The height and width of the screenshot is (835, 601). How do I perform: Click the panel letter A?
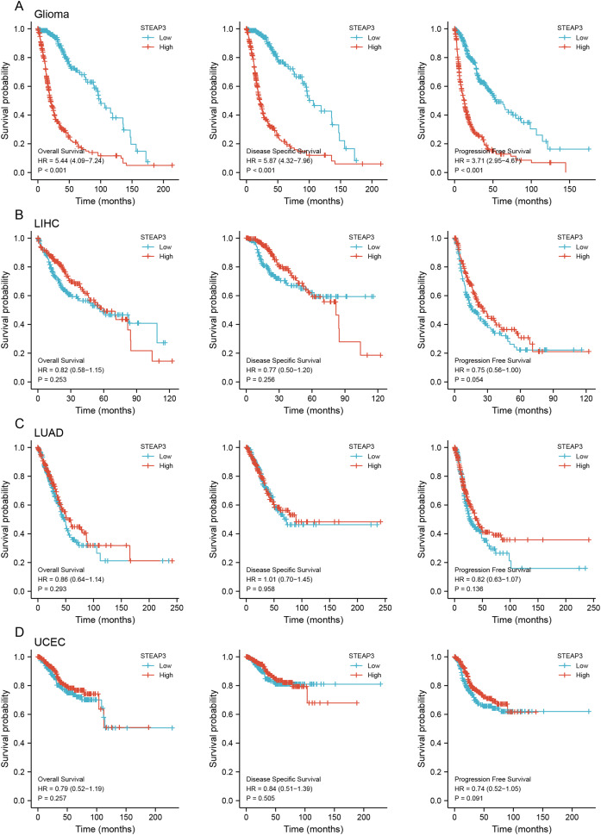(x=6, y=8)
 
